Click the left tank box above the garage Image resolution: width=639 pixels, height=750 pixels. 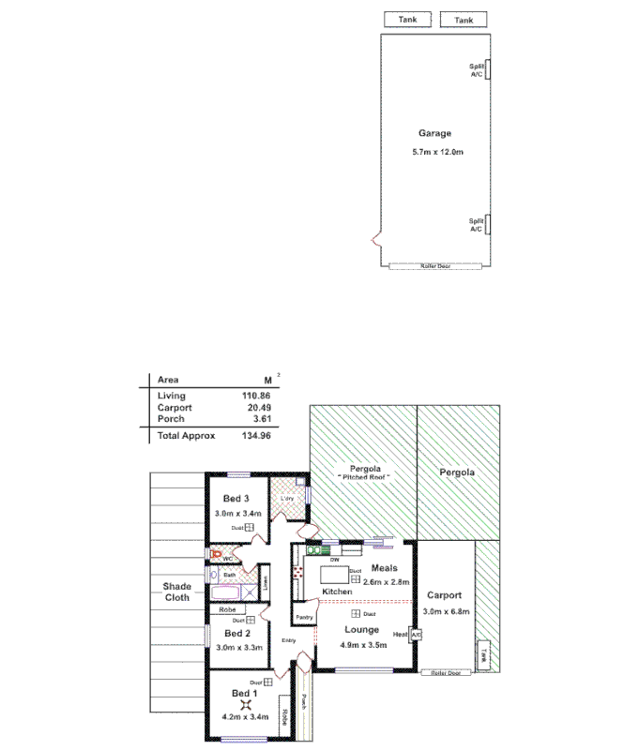coord(407,20)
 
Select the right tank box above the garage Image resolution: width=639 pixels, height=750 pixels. coord(464,20)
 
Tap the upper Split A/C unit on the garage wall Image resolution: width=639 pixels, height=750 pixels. coord(489,70)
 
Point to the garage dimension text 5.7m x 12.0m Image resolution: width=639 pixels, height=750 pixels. coord(435,152)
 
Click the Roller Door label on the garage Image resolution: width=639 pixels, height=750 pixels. coord(435,266)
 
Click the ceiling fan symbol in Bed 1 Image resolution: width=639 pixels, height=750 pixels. coord(246,706)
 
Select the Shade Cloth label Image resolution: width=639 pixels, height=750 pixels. coord(176,592)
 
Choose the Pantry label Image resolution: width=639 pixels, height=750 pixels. coord(304,618)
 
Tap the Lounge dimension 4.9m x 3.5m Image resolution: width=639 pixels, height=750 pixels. coord(360,645)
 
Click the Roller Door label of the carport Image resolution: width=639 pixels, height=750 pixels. coord(446,672)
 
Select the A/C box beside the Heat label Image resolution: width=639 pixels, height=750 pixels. coord(416,635)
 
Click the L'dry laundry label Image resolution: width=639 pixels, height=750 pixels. coord(287,498)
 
